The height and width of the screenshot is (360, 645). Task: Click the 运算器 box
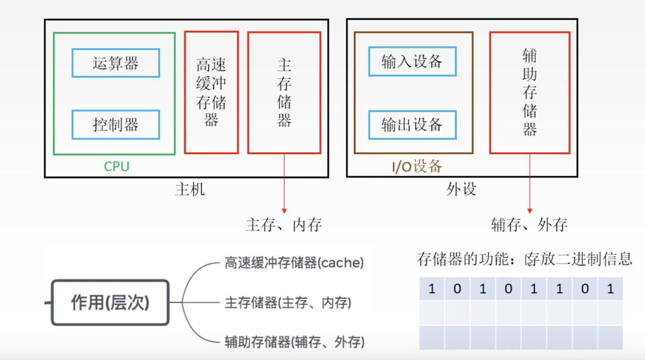click(116, 63)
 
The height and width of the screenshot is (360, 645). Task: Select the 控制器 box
click(116, 125)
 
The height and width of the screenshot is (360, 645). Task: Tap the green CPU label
click(116, 166)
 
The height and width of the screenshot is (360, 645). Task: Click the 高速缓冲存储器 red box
click(211, 92)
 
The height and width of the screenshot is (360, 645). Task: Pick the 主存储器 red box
click(284, 92)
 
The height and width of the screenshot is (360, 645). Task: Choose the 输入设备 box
click(412, 61)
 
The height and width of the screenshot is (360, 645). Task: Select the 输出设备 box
click(412, 125)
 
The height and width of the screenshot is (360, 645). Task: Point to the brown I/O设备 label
click(417, 166)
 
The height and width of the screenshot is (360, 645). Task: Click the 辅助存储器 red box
click(530, 92)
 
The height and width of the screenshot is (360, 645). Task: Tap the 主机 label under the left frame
click(190, 190)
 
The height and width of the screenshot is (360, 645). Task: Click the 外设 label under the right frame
click(461, 190)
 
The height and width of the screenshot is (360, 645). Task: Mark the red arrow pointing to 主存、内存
click(284, 187)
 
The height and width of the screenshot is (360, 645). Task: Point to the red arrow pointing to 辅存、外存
click(530, 187)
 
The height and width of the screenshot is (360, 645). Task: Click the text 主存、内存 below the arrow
click(284, 225)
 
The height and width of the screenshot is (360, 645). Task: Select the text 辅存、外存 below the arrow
click(529, 225)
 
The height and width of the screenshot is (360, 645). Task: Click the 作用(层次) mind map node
click(110, 303)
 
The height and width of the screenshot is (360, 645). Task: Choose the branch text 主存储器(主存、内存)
click(288, 303)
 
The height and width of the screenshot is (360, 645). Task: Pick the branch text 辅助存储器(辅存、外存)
click(294, 342)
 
